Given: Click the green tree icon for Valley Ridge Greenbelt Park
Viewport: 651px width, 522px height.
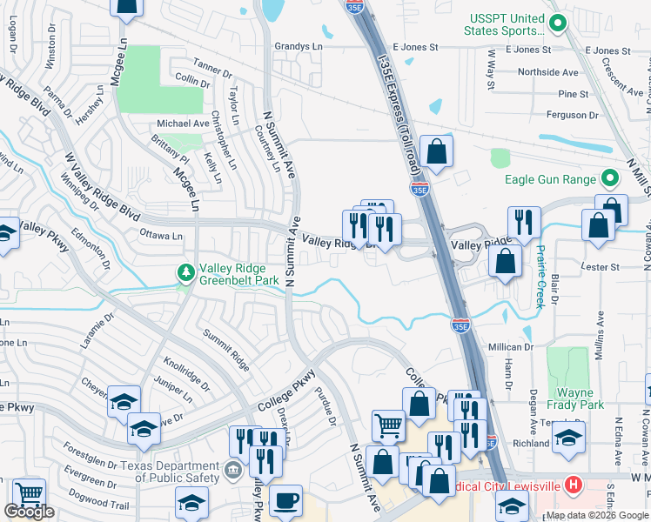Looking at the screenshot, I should (185, 273).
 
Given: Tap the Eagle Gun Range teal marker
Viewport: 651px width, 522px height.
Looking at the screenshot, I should (610, 179).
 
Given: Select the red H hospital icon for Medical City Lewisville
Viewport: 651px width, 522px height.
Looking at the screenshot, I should (574, 484).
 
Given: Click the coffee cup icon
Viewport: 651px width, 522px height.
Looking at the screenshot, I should (285, 502).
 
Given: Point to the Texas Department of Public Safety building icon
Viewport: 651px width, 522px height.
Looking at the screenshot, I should (233, 472).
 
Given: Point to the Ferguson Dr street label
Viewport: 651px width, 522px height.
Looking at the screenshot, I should (570, 114).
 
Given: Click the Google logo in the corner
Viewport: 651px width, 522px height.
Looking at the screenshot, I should (30, 512).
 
